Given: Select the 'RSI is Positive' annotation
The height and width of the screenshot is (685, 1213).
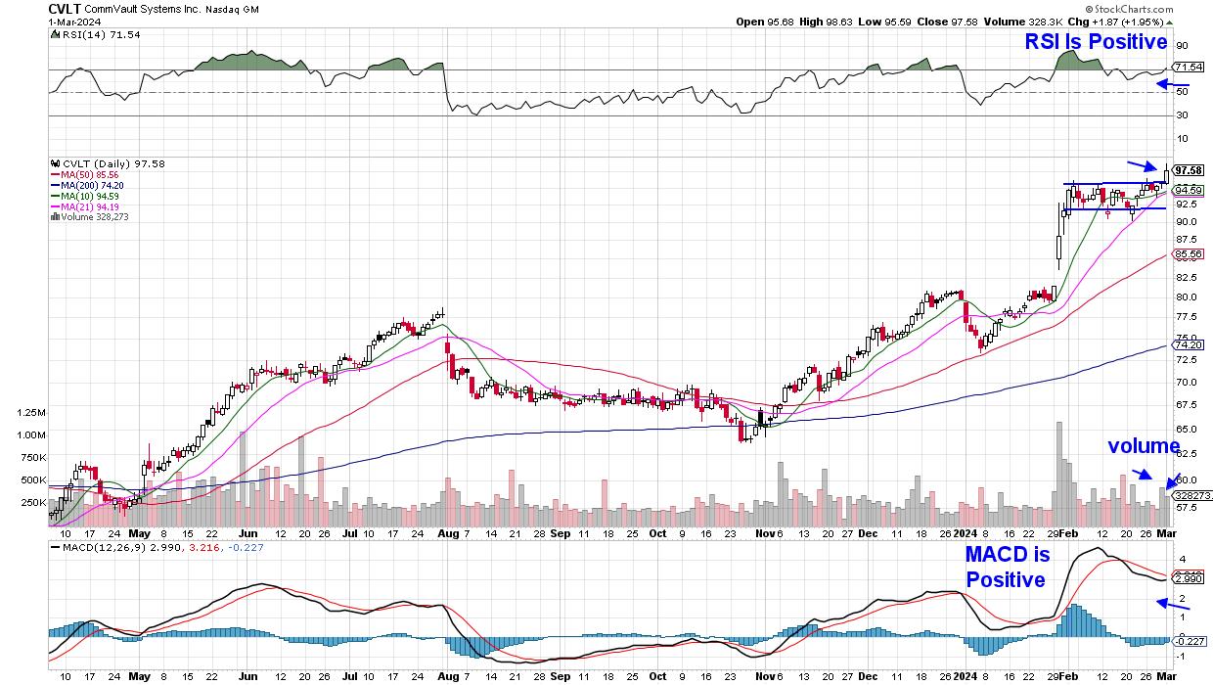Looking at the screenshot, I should [1096, 42].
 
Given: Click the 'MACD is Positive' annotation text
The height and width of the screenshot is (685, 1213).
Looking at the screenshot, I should [1008, 568].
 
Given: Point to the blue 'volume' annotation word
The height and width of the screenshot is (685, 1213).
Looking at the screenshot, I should [1144, 446].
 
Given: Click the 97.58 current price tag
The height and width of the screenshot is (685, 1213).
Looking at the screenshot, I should [1188, 168].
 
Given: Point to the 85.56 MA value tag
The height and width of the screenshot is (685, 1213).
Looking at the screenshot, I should [1188, 254].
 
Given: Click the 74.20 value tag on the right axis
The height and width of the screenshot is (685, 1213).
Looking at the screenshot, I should [1188, 344].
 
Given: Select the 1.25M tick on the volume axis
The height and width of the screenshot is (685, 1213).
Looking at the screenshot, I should [30, 413].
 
